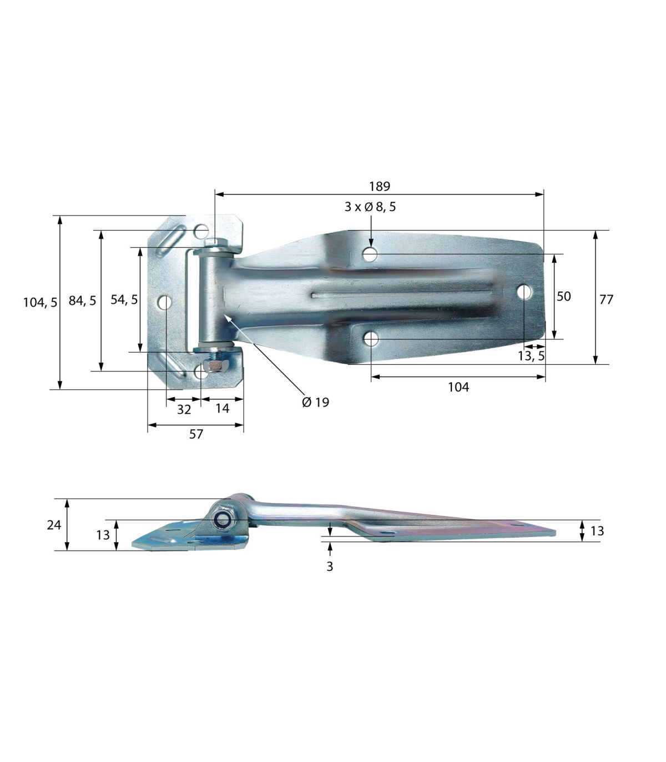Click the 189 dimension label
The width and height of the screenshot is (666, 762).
coord(380,186)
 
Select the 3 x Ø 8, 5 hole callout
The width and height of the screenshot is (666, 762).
coord(370,207)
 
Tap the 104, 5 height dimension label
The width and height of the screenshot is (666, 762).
coord(40,303)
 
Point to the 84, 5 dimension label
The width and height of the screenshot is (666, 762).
coord(82,300)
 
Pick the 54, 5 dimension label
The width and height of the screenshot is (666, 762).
coord(124,299)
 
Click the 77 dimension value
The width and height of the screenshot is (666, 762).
coord(607,299)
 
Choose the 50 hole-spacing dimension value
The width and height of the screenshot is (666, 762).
coord(563,296)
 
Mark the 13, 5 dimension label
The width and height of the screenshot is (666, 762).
coord(531,356)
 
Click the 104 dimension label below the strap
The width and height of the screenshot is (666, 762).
coord(458,387)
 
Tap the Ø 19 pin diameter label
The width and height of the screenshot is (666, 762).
coord(316,402)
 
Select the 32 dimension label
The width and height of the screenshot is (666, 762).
coord(184,409)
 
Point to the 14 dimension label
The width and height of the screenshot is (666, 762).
coord(222,408)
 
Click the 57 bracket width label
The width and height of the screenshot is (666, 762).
coord(196,434)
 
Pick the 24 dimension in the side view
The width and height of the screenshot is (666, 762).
coord(54,524)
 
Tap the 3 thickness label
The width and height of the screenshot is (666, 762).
coord(330,567)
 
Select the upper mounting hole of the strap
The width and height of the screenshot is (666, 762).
coord(370,254)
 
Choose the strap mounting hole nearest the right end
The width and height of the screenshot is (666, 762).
coord(524,291)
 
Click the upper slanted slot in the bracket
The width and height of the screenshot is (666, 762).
coord(171,240)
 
